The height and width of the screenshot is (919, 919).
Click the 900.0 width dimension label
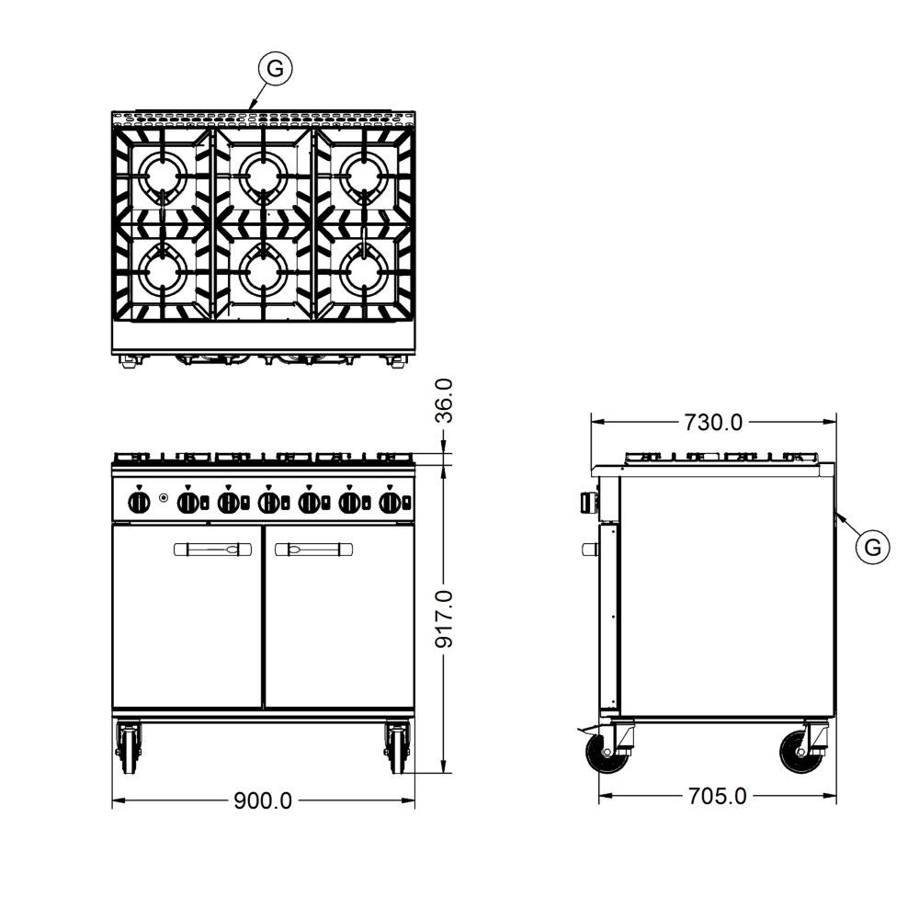point(263,800)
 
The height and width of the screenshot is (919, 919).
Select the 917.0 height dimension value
point(444,618)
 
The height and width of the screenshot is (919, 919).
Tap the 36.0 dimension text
point(444,401)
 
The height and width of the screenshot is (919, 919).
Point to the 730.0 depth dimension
point(713,422)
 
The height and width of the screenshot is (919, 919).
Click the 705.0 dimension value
point(718,796)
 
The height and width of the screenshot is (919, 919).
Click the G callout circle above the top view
point(275,69)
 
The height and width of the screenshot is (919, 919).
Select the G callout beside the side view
point(873,548)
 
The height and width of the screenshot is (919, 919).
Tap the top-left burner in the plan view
point(161,174)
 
